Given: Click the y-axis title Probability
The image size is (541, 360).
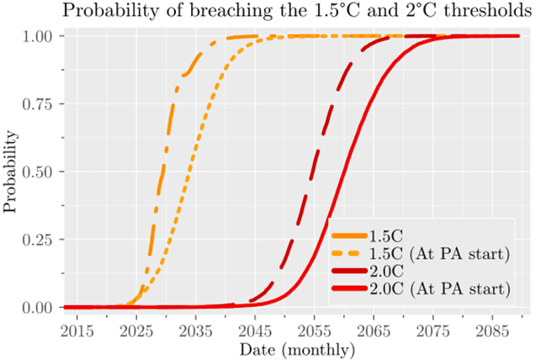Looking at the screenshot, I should [x=12, y=172].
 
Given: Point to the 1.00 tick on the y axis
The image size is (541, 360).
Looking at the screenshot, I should [x=39, y=37].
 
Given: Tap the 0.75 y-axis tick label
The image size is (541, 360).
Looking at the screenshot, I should [x=39, y=104].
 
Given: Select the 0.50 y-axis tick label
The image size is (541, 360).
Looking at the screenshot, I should [x=39, y=172].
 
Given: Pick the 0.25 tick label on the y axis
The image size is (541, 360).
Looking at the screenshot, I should [x=39, y=240].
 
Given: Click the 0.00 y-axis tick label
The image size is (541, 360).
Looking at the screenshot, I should [x=39, y=308].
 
